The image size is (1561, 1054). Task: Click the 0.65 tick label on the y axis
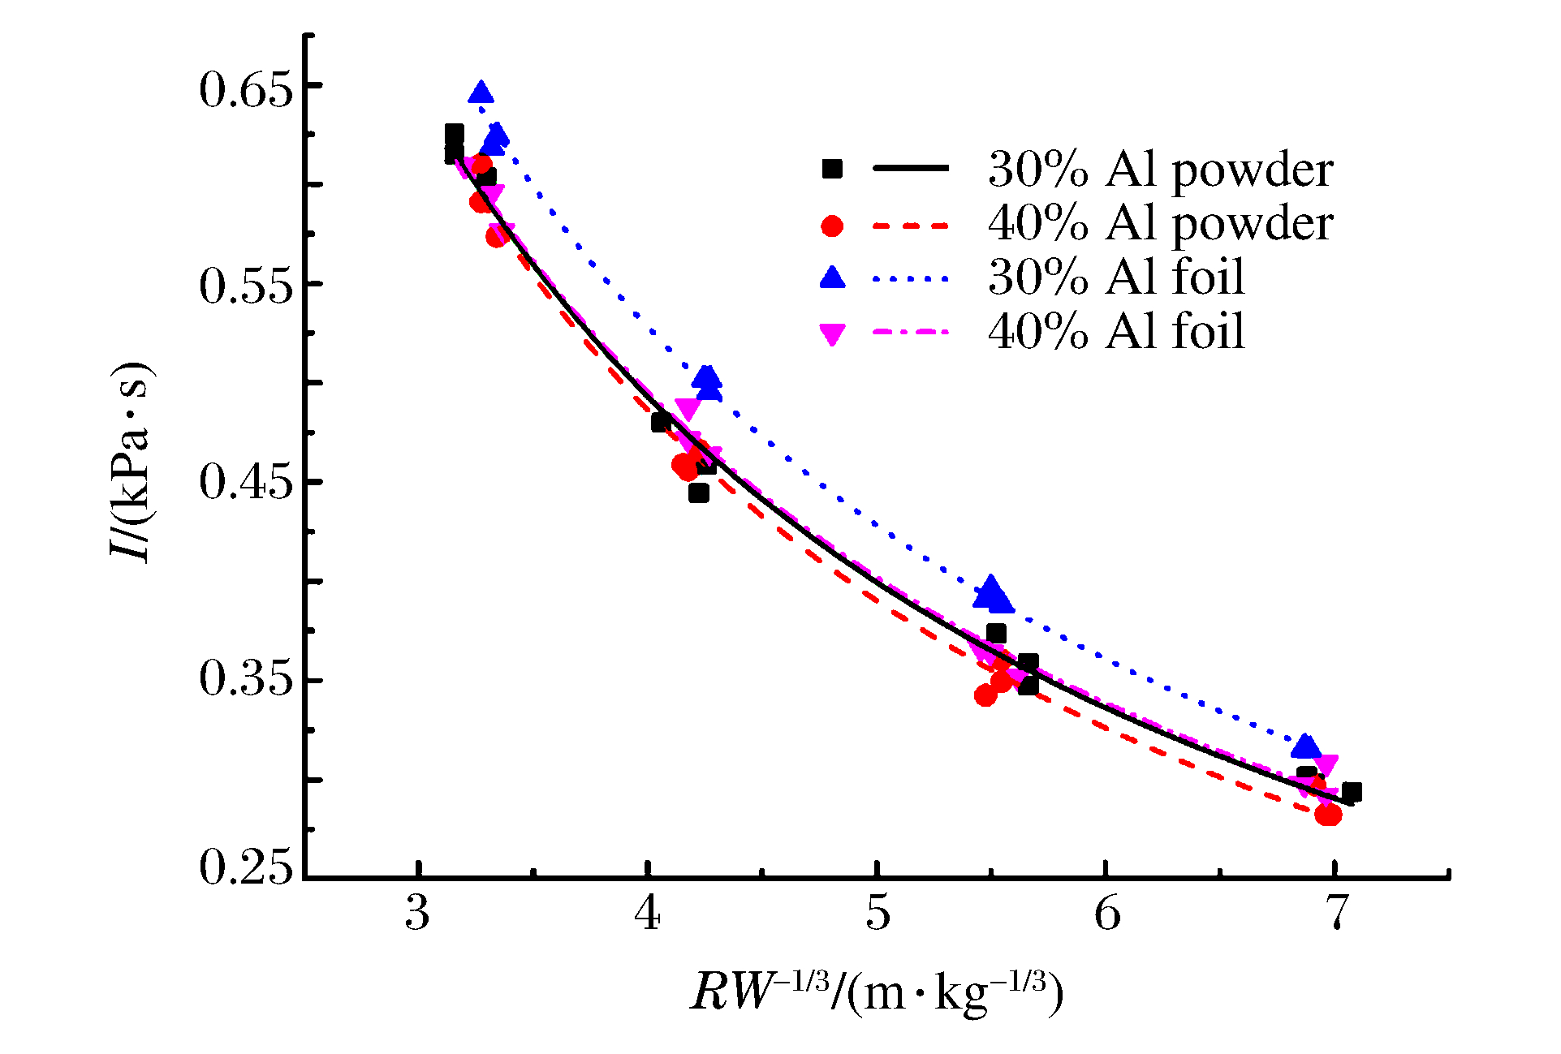click(x=245, y=88)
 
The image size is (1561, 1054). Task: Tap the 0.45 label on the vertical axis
click(x=245, y=483)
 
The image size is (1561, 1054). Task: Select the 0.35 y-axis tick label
click(x=245, y=680)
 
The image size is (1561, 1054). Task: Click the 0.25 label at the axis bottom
click(x=245, y=868)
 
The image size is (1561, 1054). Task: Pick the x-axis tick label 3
click(x=417, y=914)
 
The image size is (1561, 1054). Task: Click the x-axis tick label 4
click(x=647, y=914)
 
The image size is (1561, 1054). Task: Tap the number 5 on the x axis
click(x=878, y=914)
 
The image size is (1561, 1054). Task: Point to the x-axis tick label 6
click(x=1107, y=914)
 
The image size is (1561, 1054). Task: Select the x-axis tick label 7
click(x=1336, y=914)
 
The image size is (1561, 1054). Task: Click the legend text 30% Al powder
click(x=1160, y=170)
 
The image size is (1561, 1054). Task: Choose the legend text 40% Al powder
click(x=1160, y=224)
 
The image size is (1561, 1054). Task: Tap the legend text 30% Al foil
click(x=1116, y=277)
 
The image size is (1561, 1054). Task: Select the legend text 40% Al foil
click(x=1116, y=332)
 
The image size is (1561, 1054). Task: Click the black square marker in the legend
click(x=832, y=169)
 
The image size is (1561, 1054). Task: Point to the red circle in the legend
click(x=832, y=226)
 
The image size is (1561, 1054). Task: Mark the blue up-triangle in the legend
click(x=832, y=278)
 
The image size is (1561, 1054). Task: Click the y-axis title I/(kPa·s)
click(x=130, y=462)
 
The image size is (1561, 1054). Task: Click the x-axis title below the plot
click(x=877, y=993)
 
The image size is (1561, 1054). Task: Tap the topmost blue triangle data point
click(x=481, y=93)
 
